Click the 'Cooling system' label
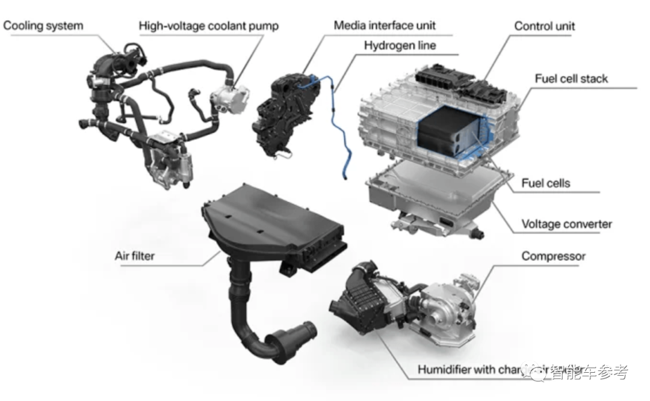(x=43, y=26)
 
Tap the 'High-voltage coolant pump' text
(x=209, y=26)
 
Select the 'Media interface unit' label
(x=385, y=25)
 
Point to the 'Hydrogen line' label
(x=400, y=46)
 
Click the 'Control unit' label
(x=545, y=26)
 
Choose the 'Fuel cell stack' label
(x=571, y=79)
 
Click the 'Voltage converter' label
(x=566, y=224)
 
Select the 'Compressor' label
(x=553, y=257)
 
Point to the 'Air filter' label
(x=135, y=256)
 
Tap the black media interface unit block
(x=283, y=117)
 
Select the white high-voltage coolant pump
(x=229, y=102)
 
